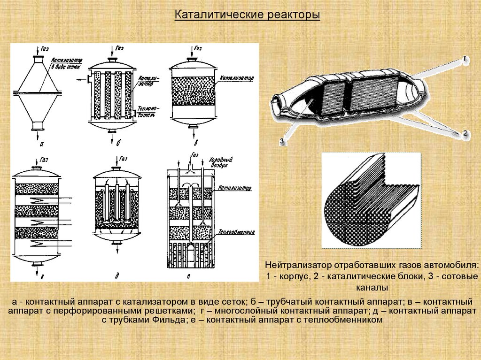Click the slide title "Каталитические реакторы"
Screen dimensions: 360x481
pos(247,15)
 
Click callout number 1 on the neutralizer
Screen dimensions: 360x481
pos(464,59)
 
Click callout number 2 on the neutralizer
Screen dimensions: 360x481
pos(465,133)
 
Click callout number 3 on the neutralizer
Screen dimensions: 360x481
pos(282,140)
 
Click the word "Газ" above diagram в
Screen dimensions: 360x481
pos(198,48)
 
